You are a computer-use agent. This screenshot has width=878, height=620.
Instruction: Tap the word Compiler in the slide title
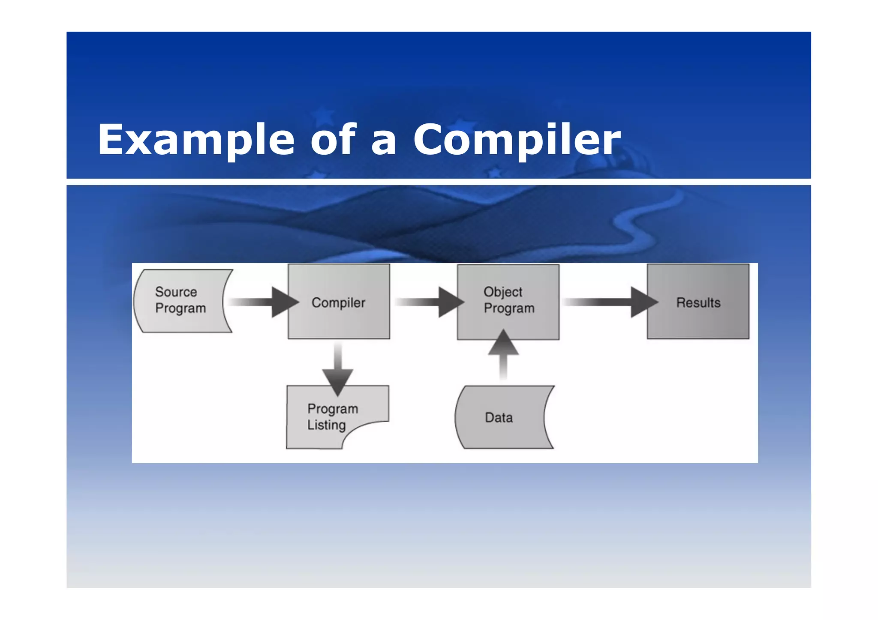point(517,139)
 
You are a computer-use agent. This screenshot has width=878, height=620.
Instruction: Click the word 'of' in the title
point(333,139)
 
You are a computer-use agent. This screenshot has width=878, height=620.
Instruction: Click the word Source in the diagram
point(176,292)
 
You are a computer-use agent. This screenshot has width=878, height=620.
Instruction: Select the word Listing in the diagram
point(326,425)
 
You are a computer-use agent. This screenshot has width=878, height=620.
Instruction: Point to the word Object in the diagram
point(502,292)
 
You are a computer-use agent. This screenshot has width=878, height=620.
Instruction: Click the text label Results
point(698,303)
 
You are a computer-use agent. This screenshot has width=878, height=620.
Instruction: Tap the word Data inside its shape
point(499,417)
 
